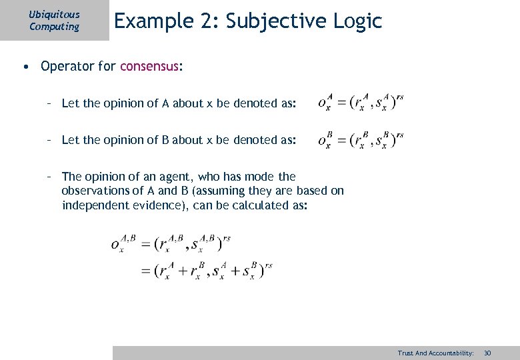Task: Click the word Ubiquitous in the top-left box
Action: click(54, 14)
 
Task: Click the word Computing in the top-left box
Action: click(54, 27)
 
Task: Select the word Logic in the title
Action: click(360, 21)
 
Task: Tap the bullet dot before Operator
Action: click(25, 66)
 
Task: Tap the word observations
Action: click(97, 191)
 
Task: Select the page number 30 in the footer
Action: click(487, 353)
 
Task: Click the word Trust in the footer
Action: click(405, 353)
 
